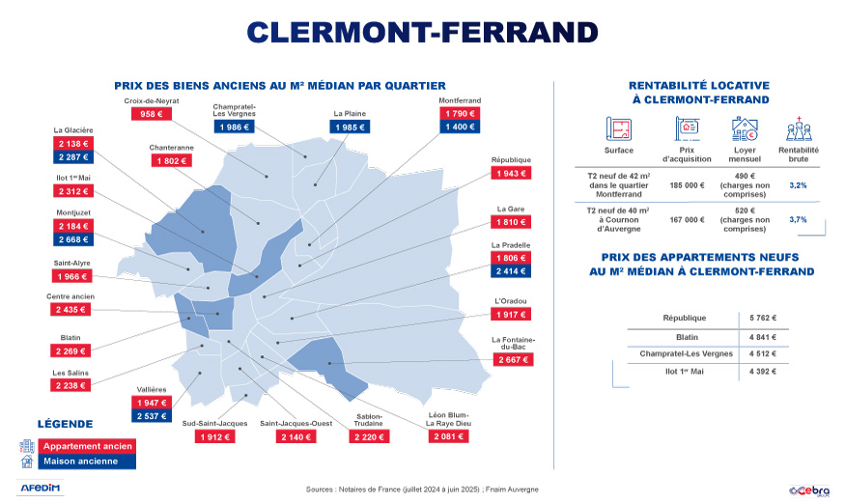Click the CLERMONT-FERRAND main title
(423, 31)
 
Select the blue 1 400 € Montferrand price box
(459, 127)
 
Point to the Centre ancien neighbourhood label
(70, 296)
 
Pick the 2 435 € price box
(70, 310)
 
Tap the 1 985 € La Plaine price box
(349, 127)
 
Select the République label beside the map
(511, 159)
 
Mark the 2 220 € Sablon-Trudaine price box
(369, 436)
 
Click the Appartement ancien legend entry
(87, 446)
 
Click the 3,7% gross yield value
(798, 220)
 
